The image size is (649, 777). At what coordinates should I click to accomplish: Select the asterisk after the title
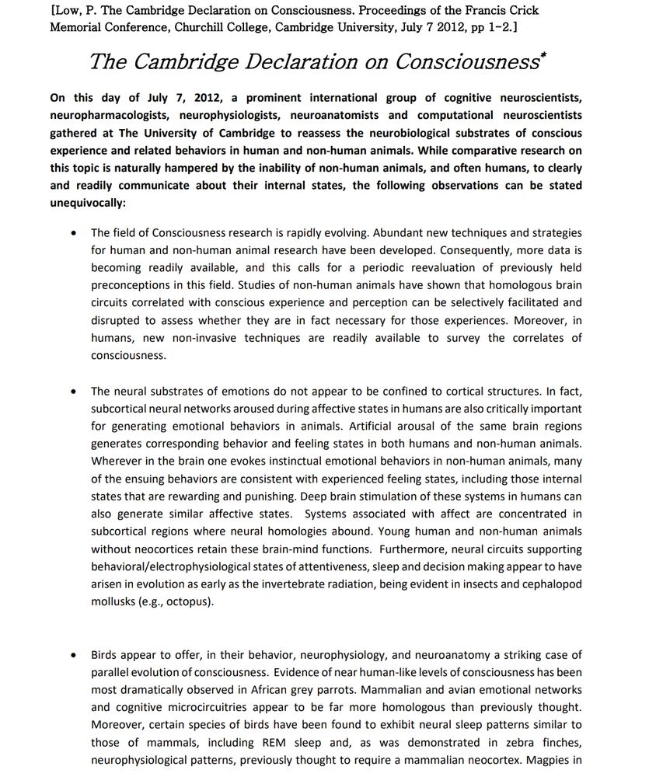click(x=541, y=55)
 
